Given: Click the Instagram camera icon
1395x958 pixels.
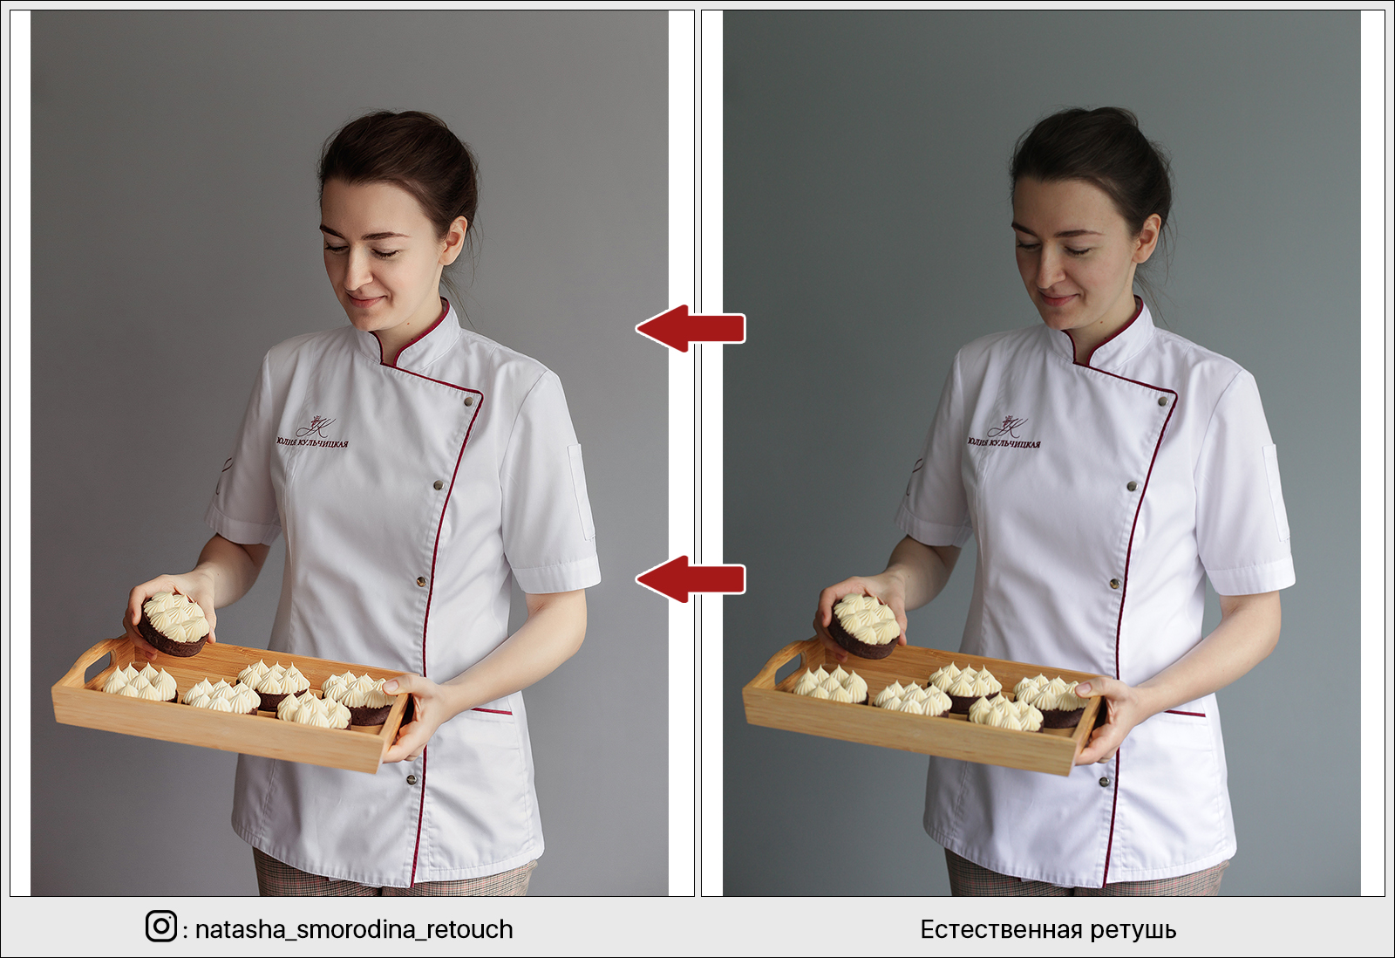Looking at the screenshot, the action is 161,926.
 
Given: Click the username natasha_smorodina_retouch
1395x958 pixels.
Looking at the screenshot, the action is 354,930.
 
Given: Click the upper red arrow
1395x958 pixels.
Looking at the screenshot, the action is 690,328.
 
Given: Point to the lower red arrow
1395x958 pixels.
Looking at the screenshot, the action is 690,579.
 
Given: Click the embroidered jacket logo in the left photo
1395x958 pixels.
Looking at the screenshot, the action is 313,433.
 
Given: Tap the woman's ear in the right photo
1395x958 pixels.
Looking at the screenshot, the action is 1147,239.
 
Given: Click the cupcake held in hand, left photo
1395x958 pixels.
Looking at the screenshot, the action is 174,623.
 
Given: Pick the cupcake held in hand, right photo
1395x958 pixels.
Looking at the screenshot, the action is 864,626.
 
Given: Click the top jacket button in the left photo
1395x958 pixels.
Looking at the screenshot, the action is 468,402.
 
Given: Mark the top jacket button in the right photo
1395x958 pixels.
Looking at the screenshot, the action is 1162,401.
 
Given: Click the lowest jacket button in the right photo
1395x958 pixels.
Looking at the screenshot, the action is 1104,781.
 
